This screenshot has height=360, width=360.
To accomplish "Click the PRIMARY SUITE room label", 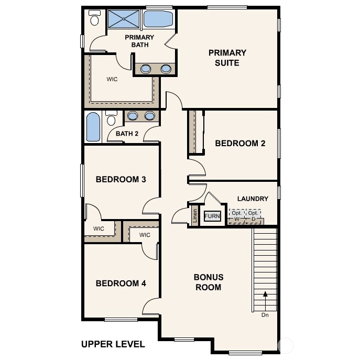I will tap(227, 58).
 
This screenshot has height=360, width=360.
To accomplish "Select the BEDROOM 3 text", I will tap(121, 179).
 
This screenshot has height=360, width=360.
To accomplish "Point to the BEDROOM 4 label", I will tap(121, 283).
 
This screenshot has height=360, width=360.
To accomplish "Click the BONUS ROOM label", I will tap(208, 282).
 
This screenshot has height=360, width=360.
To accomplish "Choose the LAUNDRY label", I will tap(253, 199).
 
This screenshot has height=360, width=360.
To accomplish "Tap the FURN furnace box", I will tap(212, 216).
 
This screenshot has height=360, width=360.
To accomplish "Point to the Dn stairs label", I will tap(265, 315).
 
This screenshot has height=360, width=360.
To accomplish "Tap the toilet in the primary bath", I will tap(95, 19).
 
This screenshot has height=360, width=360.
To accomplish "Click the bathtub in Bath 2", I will tap(93, 127).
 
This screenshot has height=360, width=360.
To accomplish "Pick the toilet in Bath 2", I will tap(111, 119).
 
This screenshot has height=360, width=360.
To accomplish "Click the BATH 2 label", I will tap(127, 134).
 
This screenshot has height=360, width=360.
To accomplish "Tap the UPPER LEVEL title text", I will tap(113, 344).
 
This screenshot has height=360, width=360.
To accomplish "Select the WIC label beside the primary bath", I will tap(112, 79).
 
